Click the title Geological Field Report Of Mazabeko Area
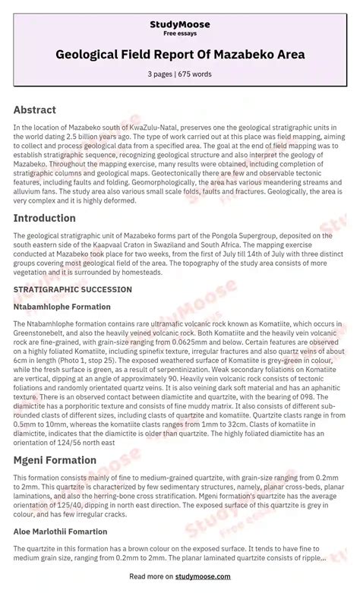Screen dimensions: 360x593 [x=180, y=55]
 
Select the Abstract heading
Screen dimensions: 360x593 [x=34, y=109]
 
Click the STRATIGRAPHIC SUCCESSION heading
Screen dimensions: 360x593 [x=65, y=289]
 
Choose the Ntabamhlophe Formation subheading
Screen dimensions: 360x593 [x=62, y=307]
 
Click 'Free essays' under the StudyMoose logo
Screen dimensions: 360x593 [x=179, y=33]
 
